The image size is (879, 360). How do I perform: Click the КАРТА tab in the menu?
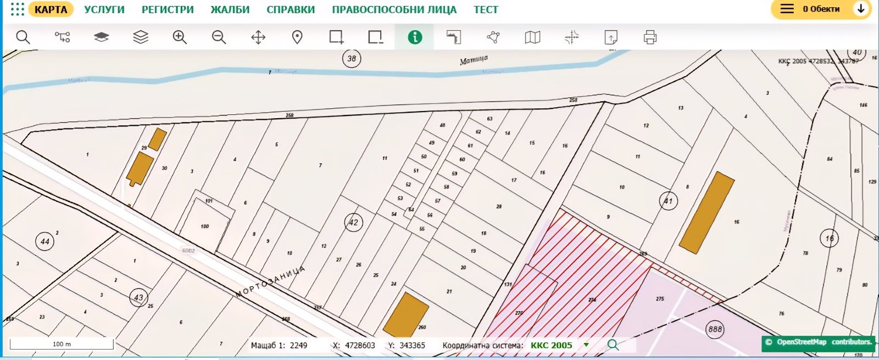51,9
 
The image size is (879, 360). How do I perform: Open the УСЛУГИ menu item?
104,9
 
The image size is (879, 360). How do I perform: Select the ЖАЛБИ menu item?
230,9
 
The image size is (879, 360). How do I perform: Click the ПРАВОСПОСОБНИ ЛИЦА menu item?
394,9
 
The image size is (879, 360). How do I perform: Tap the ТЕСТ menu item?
486,9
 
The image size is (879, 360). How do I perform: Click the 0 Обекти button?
821,9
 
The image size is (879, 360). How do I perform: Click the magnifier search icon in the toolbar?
23,37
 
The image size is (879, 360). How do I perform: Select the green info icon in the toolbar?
415,37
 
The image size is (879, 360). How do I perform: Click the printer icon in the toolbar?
650,37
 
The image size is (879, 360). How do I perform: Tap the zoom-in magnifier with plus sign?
180,37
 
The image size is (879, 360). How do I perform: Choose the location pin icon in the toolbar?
297,37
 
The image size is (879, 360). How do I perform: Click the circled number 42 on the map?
353,223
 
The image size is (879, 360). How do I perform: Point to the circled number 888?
715,329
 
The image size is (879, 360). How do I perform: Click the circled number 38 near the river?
352,58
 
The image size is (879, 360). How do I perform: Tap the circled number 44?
44,241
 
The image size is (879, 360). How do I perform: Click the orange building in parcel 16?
707,213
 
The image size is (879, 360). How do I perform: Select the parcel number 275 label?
660,299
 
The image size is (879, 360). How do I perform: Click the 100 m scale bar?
62,344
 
